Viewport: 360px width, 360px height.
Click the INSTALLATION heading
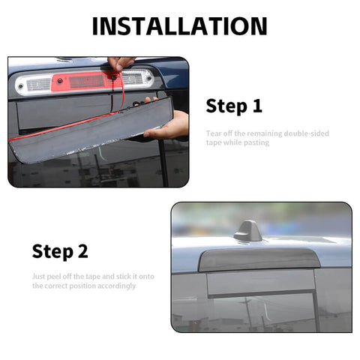click(x=179, y=25)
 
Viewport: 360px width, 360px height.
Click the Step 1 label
click(x=234, y=106)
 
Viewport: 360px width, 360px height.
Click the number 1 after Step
click(x=257, y=106)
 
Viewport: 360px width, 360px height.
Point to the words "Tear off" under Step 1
click(x=219, y=133)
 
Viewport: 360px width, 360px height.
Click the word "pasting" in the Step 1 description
click(x=255, y=142)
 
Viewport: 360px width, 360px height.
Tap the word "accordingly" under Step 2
click(x=116, y=286)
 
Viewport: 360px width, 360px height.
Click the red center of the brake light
click(x=86, y=80)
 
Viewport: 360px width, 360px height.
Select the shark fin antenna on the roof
click(x=248, y=232)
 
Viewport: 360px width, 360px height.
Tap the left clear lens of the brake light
click(x=34, y=84)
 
